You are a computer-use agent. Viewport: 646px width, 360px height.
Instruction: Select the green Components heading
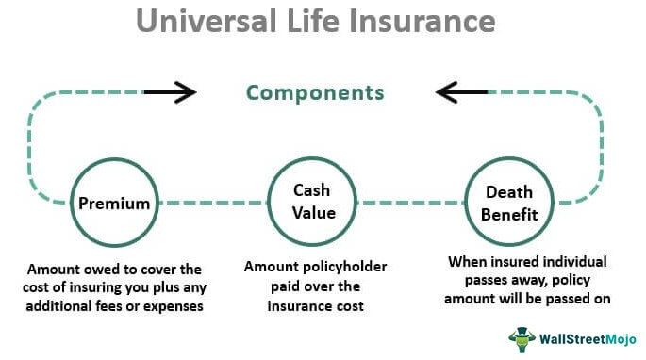[x=315, y=92]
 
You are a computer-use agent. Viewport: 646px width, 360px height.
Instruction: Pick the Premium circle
[x=115, y=202]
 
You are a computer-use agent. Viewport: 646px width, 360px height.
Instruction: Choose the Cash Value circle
[x=312, y=201]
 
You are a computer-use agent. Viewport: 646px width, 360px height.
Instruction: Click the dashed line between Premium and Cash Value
[x=213, y=202]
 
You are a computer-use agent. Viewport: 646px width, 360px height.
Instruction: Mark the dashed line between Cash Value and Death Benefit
[x=411, y=202]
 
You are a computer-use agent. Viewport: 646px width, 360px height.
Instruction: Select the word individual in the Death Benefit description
[x=573, y=261]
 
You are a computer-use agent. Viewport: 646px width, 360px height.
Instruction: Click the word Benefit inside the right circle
[x=509, y=214]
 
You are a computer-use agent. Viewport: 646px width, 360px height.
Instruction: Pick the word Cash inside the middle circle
[x=312, y=189]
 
